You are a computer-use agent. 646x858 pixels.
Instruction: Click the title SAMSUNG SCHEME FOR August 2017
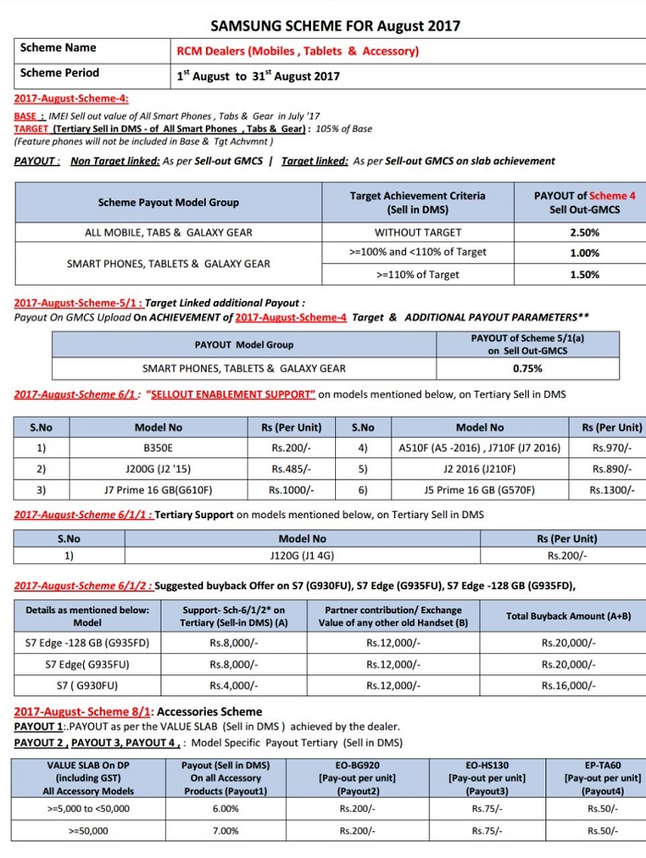coord(335,26)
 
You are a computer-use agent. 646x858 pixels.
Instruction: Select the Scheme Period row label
coord(59,73)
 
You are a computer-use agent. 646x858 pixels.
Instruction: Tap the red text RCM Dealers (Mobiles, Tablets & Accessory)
coord(297,51)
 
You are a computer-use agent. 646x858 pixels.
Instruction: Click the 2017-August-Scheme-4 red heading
coord(71,98)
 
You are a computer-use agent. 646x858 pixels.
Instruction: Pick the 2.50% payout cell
coord(584,233)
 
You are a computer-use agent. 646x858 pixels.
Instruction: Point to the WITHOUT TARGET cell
coord(417,233)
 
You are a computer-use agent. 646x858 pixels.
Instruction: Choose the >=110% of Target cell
coord(417,274)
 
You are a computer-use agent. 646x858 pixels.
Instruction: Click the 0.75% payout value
coord(527,369)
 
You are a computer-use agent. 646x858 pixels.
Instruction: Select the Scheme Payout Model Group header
coord(168,202)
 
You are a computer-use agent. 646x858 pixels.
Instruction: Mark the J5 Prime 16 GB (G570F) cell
coord(480,489)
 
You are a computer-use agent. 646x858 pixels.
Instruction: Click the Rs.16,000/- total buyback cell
coord(568,685)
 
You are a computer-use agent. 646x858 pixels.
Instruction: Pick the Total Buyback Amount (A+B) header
coord(568,616)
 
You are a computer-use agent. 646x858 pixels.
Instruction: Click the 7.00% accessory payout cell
coord(225,830)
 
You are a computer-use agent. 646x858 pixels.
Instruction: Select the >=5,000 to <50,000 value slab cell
coord(88,808)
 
